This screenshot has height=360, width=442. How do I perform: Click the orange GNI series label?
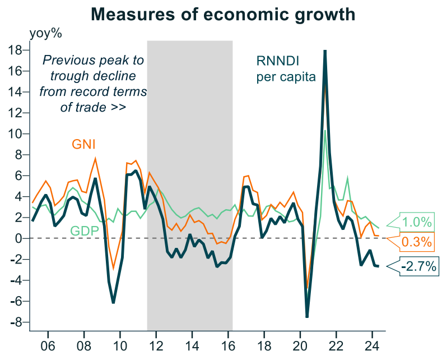coord(83,145)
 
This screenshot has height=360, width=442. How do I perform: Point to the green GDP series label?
coord(83,231)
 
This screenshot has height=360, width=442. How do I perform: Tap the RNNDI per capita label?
coord(286,68)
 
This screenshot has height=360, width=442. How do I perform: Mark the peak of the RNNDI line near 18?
coord(325,52)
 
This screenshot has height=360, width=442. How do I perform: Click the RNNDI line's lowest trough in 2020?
coord(307,317)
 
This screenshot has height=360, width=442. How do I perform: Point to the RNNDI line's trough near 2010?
coord(113,303)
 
